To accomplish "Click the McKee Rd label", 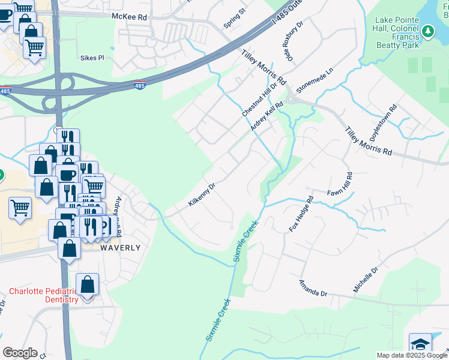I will (129, 17).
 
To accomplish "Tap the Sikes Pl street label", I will (92, 58).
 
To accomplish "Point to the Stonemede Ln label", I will (313, 84).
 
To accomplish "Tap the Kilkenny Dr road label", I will (201, 194).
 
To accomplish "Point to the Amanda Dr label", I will (314, 287).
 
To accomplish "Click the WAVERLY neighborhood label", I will (121, 247).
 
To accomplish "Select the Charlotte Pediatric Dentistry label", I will (44, 295).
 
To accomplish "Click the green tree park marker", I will (427, 30).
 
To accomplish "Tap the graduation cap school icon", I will (420, 344).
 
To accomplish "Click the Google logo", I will (20, 353).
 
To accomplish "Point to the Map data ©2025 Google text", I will (411, 355).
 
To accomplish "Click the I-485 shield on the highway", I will (139, 85).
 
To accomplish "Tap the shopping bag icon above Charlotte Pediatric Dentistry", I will (88, 284).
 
